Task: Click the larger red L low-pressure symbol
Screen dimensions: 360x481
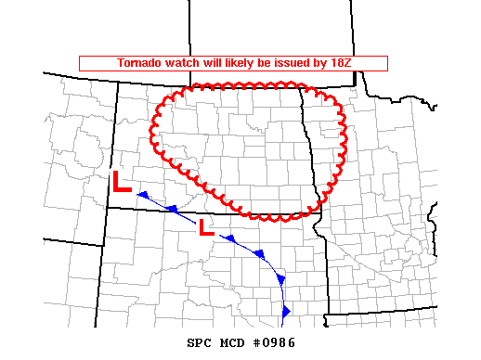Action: coord(122,182)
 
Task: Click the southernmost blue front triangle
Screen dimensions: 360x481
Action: coord(286,309)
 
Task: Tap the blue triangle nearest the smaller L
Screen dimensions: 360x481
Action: coord(227,238)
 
